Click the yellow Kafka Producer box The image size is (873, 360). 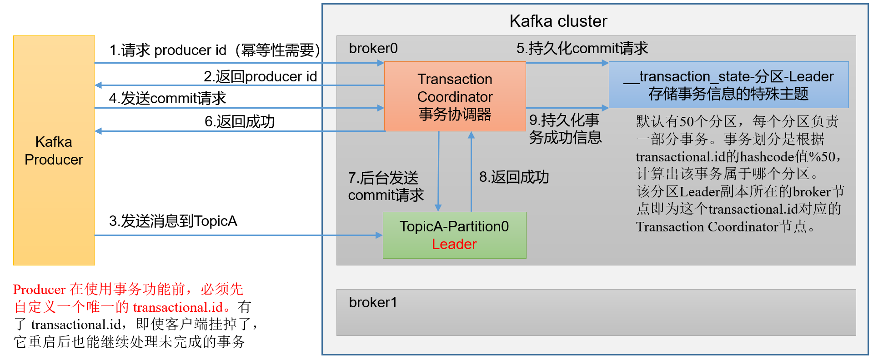(54, 150)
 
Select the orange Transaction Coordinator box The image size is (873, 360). (455, 96)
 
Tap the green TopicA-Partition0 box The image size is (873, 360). (455, 235)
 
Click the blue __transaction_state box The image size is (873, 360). (728, 85)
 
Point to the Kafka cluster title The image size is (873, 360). (558, 21)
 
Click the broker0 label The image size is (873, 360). (373, 48)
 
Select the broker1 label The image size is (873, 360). (373, 302)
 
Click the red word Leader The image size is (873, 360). (454, 244)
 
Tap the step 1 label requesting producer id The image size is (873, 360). (215, 50)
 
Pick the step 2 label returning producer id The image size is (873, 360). (260, 76)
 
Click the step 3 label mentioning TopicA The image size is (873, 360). (173, 221)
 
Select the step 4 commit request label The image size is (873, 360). (167, 98)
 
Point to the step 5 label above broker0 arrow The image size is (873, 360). (582, 48)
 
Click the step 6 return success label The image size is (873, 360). (240, 121)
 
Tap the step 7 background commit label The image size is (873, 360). (386, 186)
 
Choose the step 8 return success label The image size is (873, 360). (514, 177)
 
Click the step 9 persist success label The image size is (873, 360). (565, 129)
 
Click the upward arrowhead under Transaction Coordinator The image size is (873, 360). (471, 135)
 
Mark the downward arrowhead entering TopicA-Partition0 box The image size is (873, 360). (438, 208)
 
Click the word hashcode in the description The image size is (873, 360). (768, 157)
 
